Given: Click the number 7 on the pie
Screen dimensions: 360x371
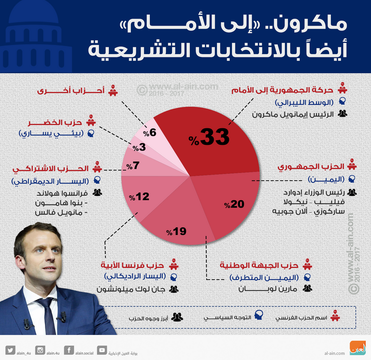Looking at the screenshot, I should click(x=136, y=166).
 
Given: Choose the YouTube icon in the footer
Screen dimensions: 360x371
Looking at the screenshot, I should click(x=102, y=350).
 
